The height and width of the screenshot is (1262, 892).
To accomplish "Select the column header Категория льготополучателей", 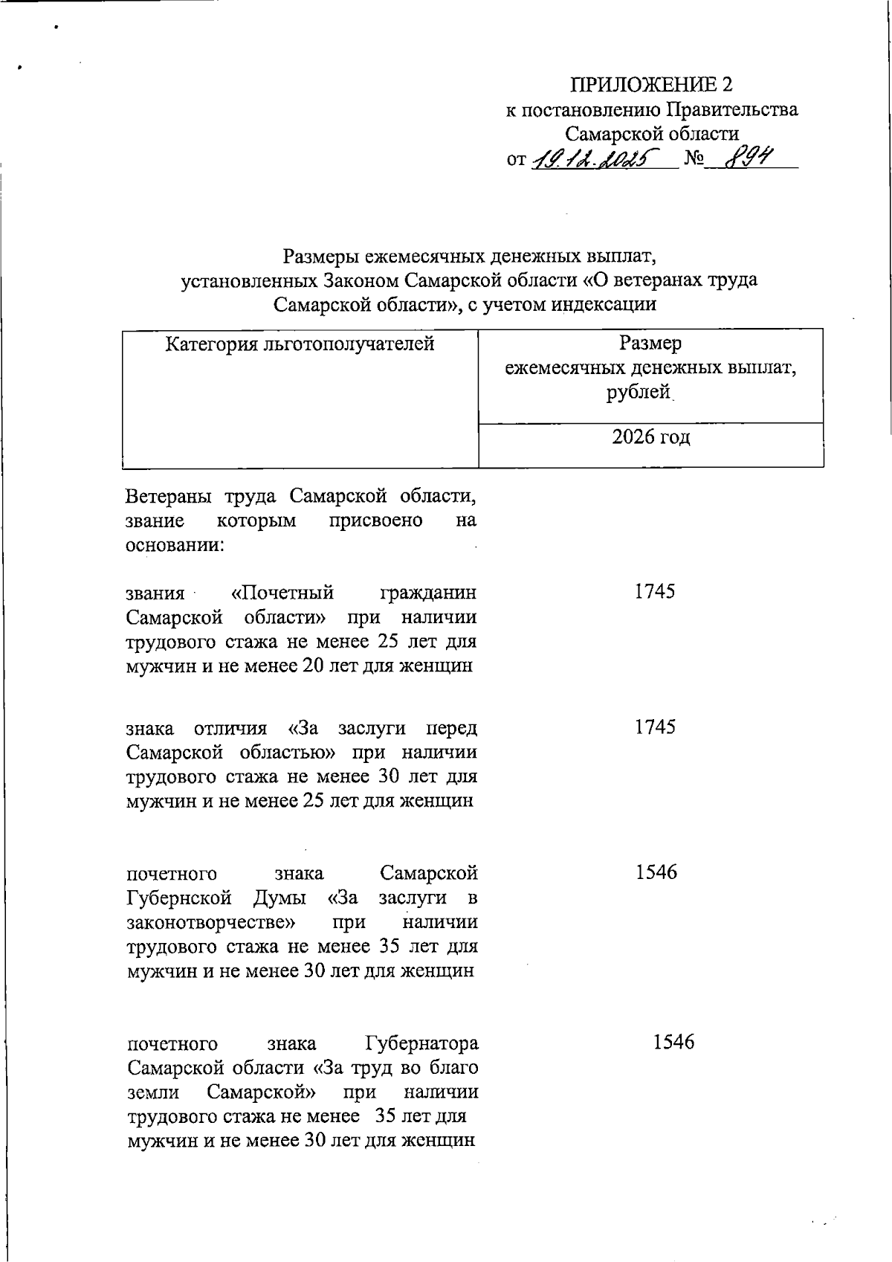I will pos(300,344).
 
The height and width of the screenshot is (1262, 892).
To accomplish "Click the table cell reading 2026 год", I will pos(651,437).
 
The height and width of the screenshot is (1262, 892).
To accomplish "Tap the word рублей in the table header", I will pos(639,392).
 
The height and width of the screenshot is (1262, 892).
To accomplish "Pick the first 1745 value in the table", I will pos(654,592).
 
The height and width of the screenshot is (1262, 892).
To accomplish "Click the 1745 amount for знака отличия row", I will pos(655,727).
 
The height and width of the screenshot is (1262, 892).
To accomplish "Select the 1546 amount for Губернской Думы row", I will pos(656,872).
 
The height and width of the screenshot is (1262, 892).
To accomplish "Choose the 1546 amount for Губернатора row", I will pos(673,1043).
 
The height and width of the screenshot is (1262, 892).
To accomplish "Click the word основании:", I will pos(175,544).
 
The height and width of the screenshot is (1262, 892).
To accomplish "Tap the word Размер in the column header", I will pos(650,344).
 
